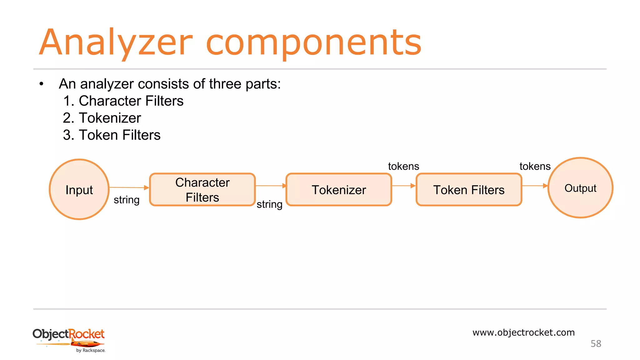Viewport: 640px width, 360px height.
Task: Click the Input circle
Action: tap(79, 189)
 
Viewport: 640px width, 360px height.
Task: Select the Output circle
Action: tap(580, 188)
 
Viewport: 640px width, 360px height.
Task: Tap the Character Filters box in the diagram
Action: tap(202, 190)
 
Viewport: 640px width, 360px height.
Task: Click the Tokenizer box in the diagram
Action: tap(339, 190)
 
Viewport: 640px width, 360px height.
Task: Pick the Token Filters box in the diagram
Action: tap(469, 190)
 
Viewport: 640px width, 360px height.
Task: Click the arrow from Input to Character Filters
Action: tap(129, 187)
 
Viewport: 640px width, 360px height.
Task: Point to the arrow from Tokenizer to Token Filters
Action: tap(403, 186)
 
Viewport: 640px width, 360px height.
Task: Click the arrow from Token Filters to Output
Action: tap(535, 186)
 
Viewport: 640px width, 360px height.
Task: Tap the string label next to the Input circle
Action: tap(127, 200)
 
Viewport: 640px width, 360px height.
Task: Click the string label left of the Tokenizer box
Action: tap(269, 204)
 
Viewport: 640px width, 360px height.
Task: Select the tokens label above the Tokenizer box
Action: tap(403, 166)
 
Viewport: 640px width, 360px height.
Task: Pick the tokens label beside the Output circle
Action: tap(535, 166)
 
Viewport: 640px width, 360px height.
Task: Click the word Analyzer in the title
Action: tap(116, 42)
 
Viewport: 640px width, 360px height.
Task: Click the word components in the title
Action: tap(314, 42)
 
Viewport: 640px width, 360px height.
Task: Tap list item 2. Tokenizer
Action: tap(102, 118)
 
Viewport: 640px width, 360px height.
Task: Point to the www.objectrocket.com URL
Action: tap(523, 332)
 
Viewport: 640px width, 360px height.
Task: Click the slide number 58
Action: tap(596, 344)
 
